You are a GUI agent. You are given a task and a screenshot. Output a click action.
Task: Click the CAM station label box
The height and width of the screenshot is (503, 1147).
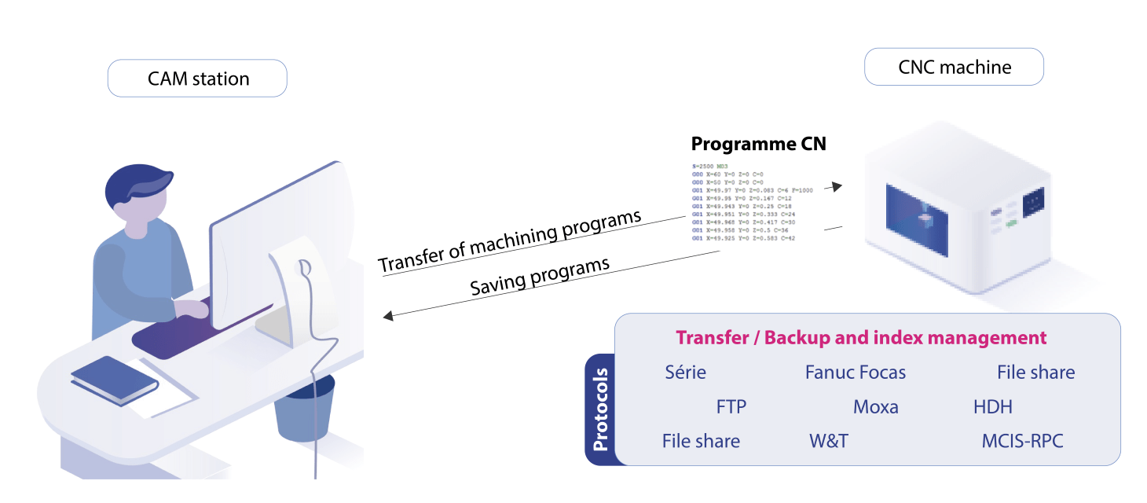point(197,79)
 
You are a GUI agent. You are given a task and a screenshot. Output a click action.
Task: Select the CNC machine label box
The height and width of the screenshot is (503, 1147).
point(954,67)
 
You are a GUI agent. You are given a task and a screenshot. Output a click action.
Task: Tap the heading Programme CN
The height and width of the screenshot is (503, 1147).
point(758,144)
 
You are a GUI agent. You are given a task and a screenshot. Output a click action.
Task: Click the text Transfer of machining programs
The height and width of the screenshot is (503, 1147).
point(510,241)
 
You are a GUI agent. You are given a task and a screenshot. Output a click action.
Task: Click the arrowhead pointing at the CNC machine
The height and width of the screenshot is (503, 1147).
point(837,186)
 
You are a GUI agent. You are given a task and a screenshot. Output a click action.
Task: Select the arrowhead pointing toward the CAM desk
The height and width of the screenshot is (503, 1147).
point(386,317)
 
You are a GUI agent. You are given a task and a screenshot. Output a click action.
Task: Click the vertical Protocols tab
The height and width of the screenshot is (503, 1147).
point(600,409)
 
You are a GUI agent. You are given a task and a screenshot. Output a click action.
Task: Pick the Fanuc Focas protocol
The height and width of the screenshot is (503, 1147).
point(855,373)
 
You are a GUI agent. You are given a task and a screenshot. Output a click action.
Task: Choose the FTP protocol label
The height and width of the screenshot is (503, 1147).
point(731,407)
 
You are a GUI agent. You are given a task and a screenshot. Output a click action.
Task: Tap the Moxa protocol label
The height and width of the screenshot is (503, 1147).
point(875,407)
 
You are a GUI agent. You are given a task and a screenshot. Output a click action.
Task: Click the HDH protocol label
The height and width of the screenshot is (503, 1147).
point(992,407)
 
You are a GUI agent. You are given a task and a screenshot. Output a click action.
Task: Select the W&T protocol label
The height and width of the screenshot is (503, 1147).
point(828,441)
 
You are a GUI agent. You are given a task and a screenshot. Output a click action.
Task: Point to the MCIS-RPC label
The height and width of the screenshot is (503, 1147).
point(1022,441)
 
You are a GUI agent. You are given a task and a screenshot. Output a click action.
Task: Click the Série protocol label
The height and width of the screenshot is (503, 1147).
point(685,373)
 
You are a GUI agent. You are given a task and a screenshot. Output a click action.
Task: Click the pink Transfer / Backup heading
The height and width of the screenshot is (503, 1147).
point(861,338)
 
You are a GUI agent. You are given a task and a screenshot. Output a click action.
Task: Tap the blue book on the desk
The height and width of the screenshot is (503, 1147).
point(114,379)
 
